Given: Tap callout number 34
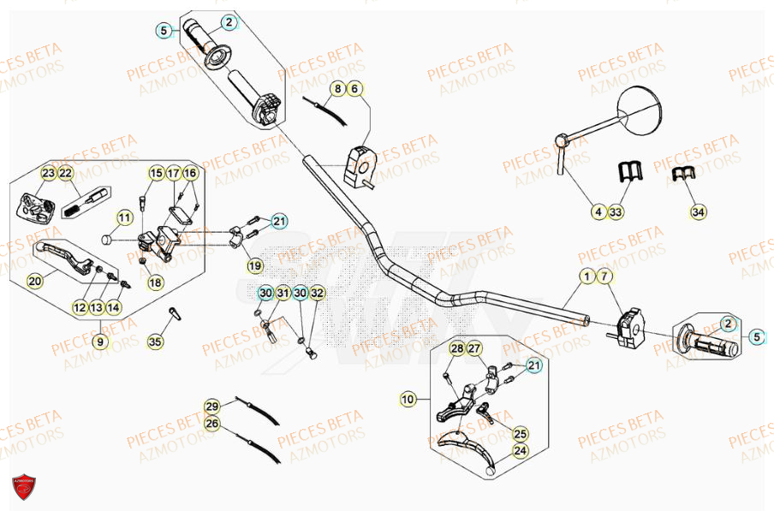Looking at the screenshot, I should pos(699,211).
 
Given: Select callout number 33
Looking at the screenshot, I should pos(616,211).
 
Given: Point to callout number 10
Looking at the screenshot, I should pos(408,398).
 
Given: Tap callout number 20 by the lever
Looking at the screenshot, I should pos(35,280).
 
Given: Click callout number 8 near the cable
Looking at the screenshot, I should pos(338,88).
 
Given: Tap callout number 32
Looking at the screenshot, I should pos(318,294).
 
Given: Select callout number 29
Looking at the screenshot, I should pos(212,406).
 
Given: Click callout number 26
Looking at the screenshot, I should pos(212,422).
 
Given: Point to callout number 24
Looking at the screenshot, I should pos(521,450).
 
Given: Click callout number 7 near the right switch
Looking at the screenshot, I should pos(605,276).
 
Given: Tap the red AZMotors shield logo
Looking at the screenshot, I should pos(25,485).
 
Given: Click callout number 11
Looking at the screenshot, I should pos(125,218).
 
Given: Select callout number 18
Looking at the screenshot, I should pos(155,282).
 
